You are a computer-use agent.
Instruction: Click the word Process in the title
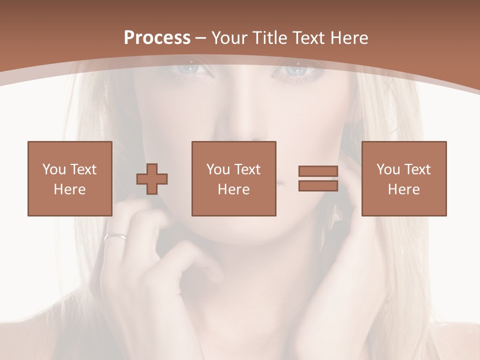tap(157, 38)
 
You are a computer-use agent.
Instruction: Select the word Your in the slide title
tap(228, 38)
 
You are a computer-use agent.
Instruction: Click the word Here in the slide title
tap(348, 38)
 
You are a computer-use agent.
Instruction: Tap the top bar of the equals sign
tap(318, 171)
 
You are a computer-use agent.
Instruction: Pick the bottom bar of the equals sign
tap(318, 185)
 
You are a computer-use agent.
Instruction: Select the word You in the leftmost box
tap(53, 169)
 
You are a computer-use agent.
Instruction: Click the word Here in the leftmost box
tap(69, 189)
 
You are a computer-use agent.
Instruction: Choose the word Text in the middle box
tap(247, 169)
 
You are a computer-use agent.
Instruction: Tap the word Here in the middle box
tap(233, 189)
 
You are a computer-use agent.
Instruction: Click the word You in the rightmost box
tap(387, 169)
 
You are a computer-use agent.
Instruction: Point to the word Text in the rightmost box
tap(417, 169)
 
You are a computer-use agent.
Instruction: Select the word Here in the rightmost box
tap(403, 189)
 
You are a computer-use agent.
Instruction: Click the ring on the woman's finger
tap(115, 236)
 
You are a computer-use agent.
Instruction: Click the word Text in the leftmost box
tap(83, 169)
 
